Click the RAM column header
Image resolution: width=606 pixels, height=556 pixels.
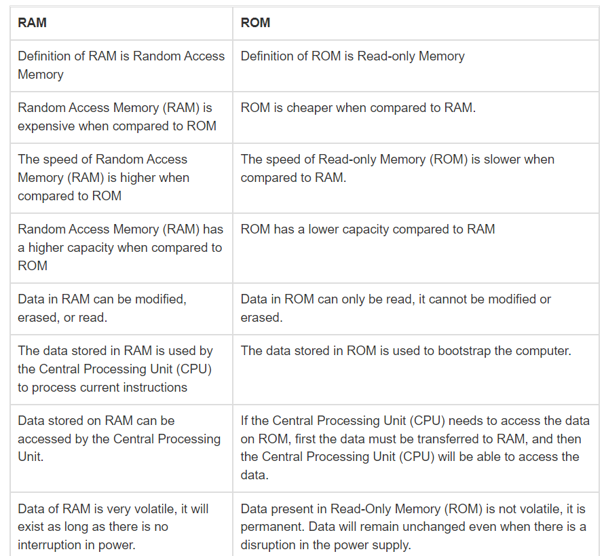click(32, 22)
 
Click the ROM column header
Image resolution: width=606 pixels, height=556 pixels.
click(255, 22)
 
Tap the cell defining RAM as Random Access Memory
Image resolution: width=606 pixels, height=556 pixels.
click(121, 65)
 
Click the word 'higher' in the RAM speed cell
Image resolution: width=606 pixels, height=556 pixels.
click(140, 178)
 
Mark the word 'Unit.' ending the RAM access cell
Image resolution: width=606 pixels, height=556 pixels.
click(31, 457)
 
